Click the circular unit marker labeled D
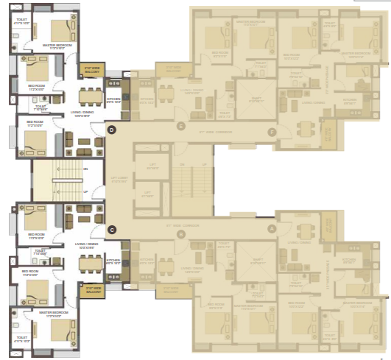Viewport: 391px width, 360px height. pyautogui.click(x=112, y=130)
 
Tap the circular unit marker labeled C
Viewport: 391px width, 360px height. pyautogui.click(x=112, y=229)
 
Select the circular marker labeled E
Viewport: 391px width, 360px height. pyautogui.click(x=181, y=127)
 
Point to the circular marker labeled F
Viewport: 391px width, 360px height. pyautogui.click(x=272, y=132)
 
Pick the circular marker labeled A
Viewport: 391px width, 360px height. pyautogui.click(x=272, y=228)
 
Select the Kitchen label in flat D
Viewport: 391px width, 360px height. pyautogui.click(x=113, y=100)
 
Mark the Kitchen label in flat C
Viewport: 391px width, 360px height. pyautogui.click(x=113, y=261)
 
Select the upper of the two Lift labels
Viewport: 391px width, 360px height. pyautogui.click(x=153, y=167)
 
